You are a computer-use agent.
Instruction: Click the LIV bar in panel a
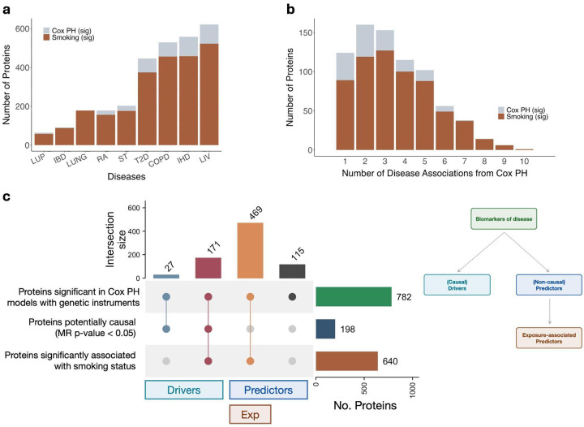coord(253,89)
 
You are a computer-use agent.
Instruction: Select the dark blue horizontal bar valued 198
coord(325,328)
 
